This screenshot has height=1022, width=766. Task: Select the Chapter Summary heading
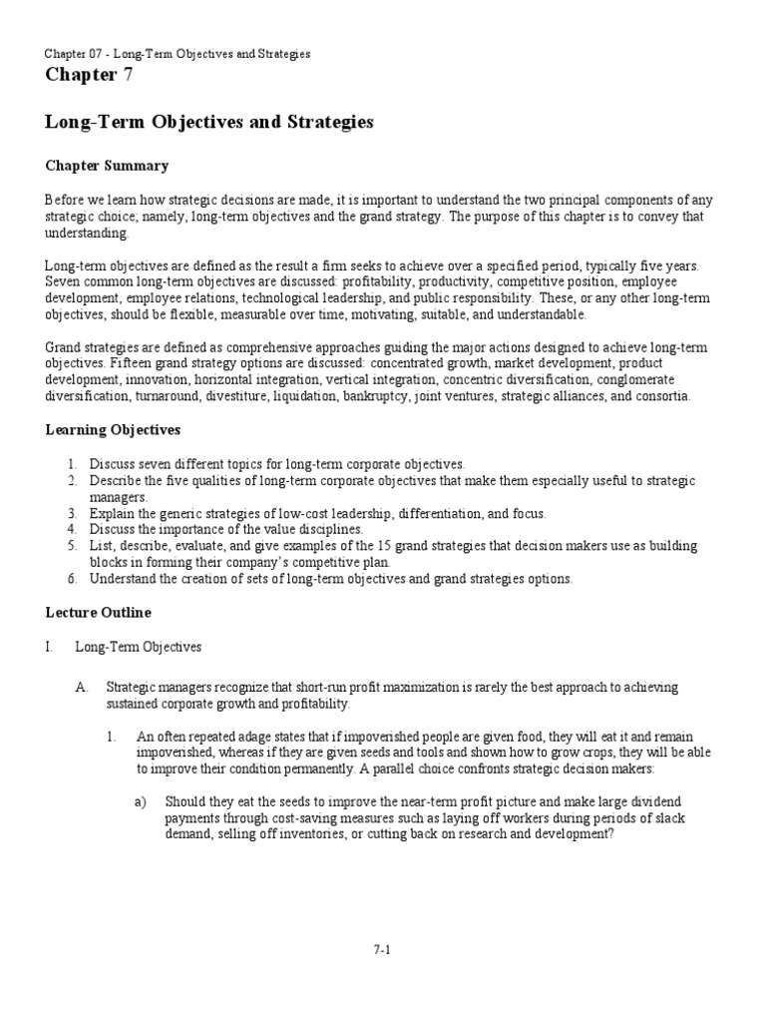coord(107,166)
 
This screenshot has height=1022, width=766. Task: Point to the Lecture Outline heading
coord(98,612)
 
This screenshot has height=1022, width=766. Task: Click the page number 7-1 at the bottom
coord(382,949)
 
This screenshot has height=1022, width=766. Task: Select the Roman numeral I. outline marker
coord(49,647)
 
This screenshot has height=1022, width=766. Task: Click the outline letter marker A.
coord(83,689)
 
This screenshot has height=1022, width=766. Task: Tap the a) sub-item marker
coord(142,801)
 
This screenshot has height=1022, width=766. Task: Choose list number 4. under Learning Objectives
coord(73,529)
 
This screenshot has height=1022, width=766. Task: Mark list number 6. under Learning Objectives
coord(73,579)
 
